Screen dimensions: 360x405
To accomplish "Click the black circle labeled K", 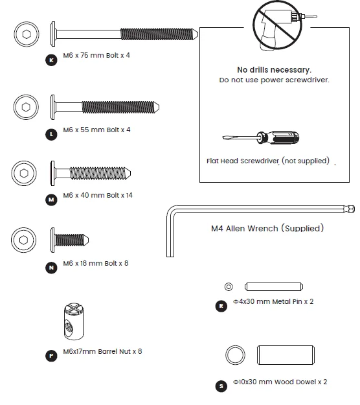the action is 51,60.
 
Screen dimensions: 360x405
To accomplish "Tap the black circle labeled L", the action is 51,135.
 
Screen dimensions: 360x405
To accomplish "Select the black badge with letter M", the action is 51,200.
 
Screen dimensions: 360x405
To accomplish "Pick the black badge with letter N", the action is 51,268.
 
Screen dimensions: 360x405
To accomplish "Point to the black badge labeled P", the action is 51,356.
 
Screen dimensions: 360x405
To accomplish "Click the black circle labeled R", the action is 221,306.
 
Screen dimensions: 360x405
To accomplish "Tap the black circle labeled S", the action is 221,386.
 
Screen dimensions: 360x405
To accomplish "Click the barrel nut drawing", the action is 74,321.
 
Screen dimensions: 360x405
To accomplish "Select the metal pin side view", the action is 274,286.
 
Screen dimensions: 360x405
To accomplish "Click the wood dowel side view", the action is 286,355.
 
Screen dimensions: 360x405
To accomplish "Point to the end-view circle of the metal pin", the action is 229,286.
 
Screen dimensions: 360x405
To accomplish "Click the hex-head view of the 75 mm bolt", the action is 27,34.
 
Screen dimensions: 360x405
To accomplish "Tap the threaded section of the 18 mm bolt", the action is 70,240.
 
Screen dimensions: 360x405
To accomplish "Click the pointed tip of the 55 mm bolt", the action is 159,107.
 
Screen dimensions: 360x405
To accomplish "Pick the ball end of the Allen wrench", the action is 350,209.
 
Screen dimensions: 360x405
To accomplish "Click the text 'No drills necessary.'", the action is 274,70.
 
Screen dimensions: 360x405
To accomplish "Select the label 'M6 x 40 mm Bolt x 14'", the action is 98,195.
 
